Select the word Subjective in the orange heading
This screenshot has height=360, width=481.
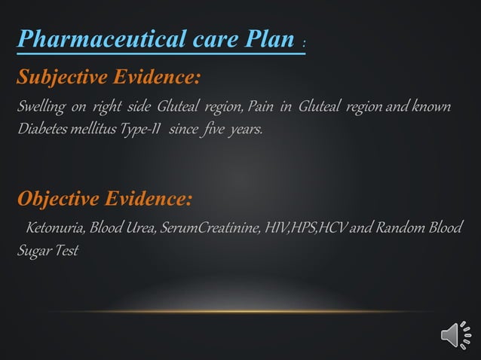60,77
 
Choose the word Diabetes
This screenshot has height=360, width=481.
41,129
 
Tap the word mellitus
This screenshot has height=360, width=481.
95,129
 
